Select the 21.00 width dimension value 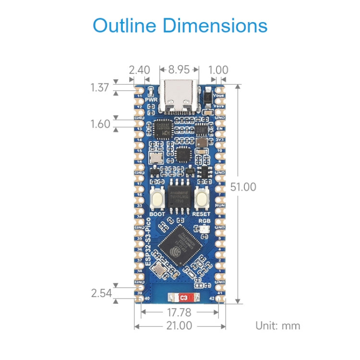point(180,326)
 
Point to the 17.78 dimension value point(180,312)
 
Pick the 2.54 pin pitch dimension point(101,292)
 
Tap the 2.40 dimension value point(139,70)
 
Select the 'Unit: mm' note point(277,326)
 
